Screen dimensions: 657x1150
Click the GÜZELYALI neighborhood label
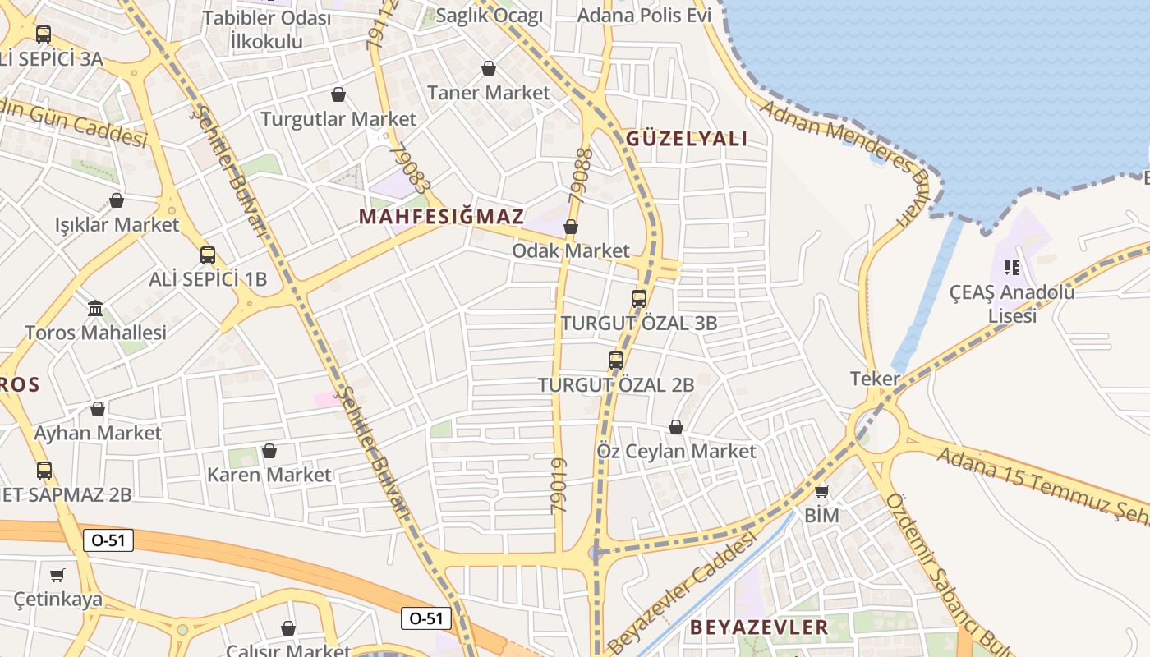pos(687,139)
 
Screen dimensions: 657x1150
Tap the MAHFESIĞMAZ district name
pos(441,217)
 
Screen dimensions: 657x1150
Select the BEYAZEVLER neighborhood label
pos(759,627)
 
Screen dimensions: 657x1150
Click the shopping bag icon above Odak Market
pos(571,227)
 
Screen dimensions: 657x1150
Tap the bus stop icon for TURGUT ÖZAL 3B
pos(639,299)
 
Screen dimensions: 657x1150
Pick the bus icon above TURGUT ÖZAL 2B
pos(616,361)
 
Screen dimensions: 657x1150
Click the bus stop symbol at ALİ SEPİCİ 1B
pos(208,255)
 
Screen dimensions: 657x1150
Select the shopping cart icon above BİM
pos(821,492)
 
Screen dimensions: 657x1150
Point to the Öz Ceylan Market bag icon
pos(676,427)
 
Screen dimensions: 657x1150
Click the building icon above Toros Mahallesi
pos(95,309)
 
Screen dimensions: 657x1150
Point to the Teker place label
pos(875,379)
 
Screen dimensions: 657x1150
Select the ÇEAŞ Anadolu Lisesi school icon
pos(1012,268)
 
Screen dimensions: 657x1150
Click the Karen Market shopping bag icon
pos(269,451)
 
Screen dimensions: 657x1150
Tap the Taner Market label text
pos(489,93)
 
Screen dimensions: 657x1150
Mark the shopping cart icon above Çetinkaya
pos(57,575)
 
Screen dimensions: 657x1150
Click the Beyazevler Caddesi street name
pos(682,590)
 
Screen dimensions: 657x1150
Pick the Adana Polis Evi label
pos(644,16)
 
